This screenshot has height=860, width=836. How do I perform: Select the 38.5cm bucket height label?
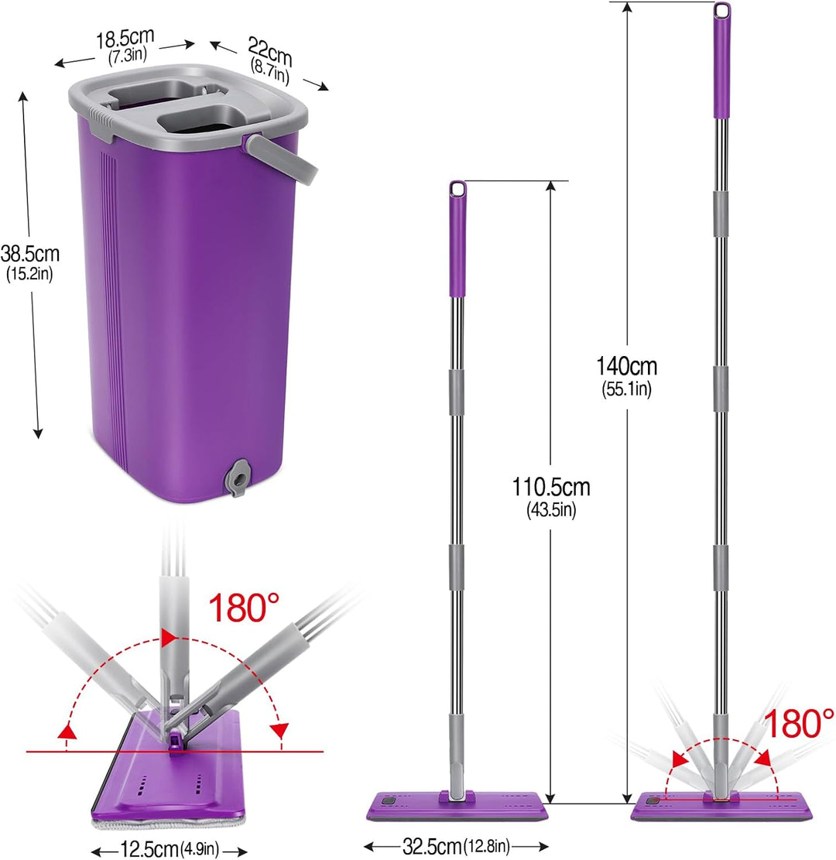(29, 254)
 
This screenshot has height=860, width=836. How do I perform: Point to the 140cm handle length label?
(626, 366)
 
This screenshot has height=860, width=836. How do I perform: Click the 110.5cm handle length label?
(550, 487)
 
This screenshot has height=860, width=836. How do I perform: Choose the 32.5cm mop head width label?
(432, 846)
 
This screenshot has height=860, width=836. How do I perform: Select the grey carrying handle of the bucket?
(281, 159)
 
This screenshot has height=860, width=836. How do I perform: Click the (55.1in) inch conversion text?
(626, 389)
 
